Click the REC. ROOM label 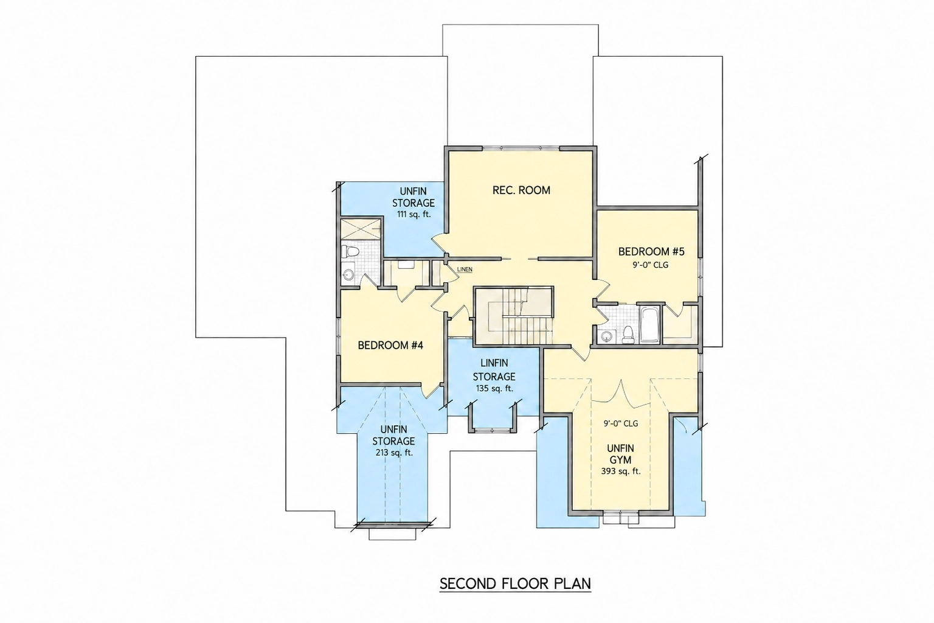pyautogui.click(x=521, y=190)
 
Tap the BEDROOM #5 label pyautogui.click(x=651, y=252)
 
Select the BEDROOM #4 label pyautogui.click(x=390, y=345)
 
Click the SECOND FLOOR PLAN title pyautogui.click(x=515, y=583)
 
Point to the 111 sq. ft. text pyautogui.click(x=413, y=215)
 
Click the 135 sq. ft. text pyautogui.click(x=494, y=388)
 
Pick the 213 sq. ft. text pyautogui.click(x=393, y=452)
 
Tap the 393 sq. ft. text pyautogui.click(x=621, y=471)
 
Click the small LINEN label pyautogui.click(x=465, y=270)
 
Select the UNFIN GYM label pyautogui.click(x=620, y=454)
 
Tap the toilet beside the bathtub pyautogui.click(x=628, y=335)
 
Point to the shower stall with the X pyautogui.click(x=361, y=228)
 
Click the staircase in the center pyautogui.click(x=514, y=316)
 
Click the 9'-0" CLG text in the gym pyautogui.click(x=621, y=423)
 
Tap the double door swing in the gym pyautogui.click(x=621, y=394)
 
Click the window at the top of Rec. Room pyautogui.click(x=521, y=148)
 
